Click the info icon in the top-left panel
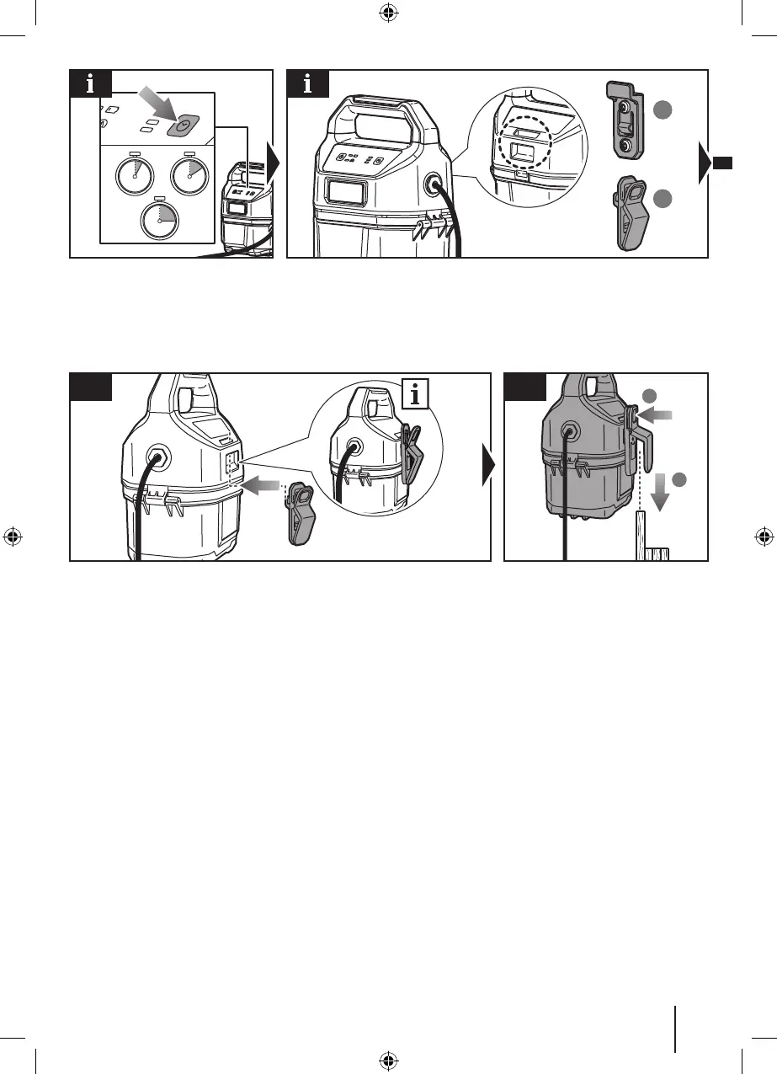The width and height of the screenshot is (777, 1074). [x=90, y=85]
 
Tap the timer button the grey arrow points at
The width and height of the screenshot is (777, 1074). [x=181, y=125]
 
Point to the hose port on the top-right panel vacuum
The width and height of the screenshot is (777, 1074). [x=437, y=184]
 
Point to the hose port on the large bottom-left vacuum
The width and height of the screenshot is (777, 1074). [x=157, y=459]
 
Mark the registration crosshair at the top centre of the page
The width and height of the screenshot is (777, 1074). [x=388, y=13]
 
